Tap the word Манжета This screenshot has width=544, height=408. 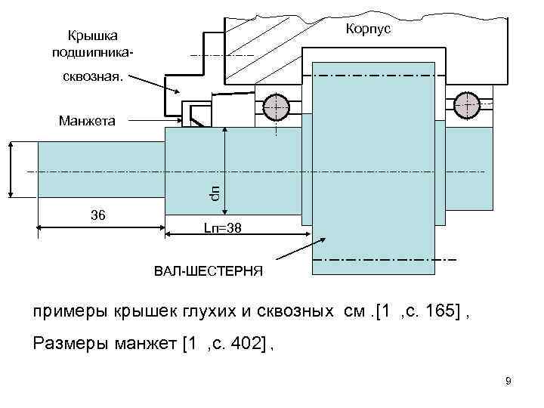(86, 120)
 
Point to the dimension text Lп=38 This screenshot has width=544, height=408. (223, 227)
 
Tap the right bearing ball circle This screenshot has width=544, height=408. (468, 104)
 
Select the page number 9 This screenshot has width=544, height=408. (508, 381)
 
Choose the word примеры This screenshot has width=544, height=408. (70, 313)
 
